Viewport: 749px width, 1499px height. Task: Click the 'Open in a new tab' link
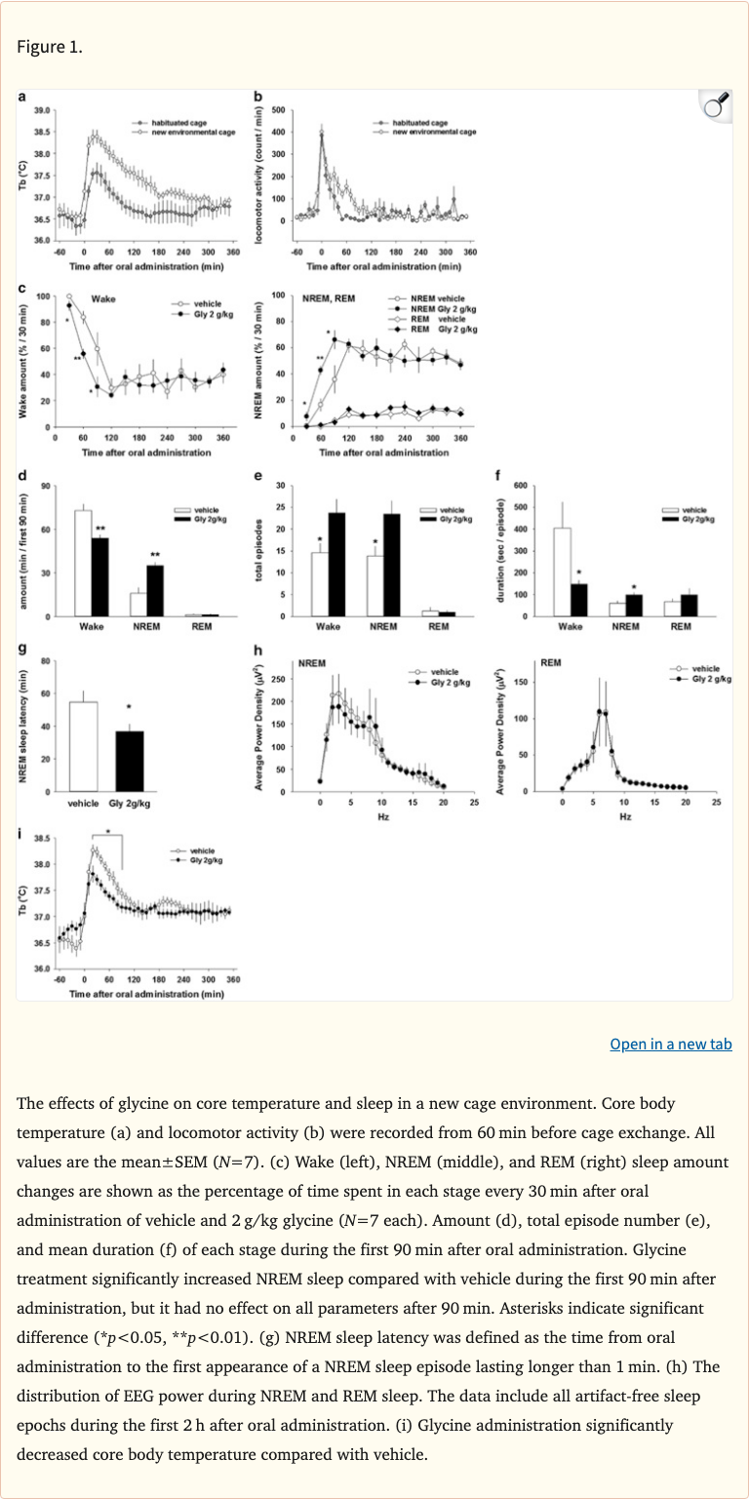[x=671, y=1045]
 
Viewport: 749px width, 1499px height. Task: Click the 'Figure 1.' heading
[x=50, y=47]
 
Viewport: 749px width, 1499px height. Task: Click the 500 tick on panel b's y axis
[x=278, y=110]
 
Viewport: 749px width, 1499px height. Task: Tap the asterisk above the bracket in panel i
[x=108, y=832]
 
